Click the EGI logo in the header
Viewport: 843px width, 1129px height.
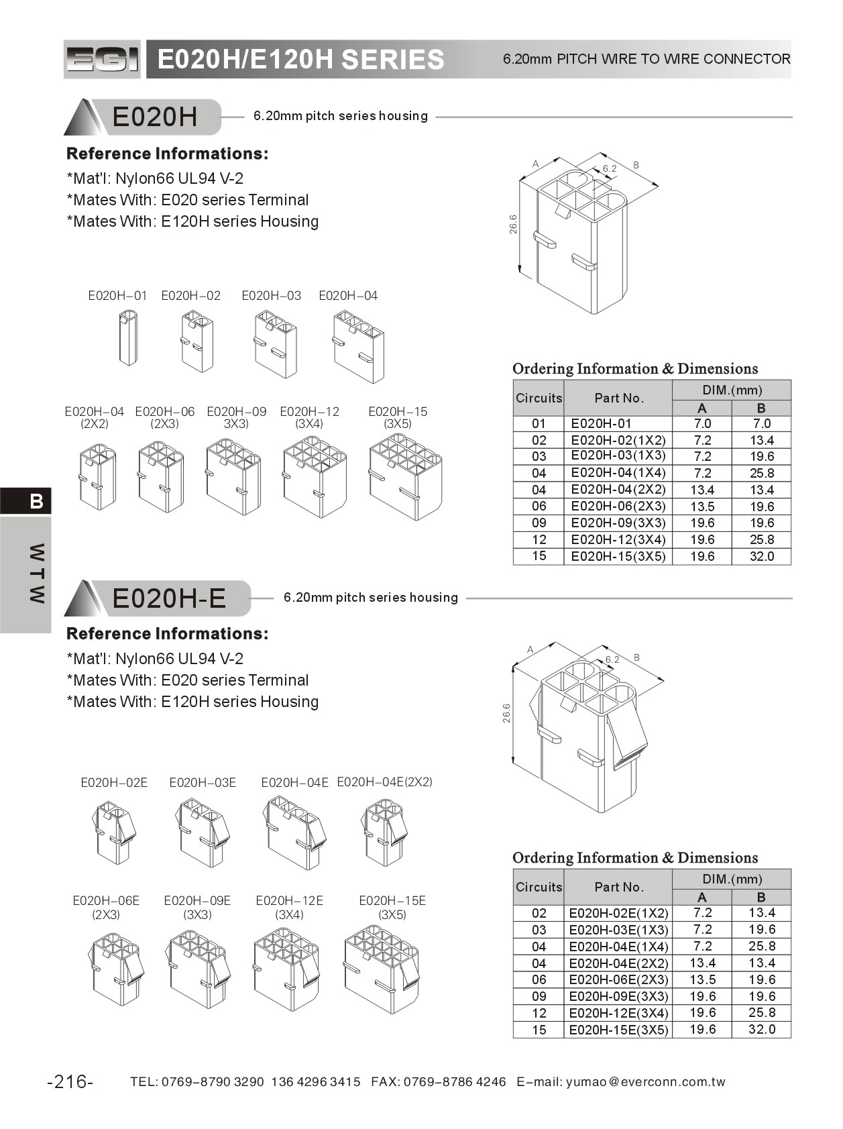(102, 59)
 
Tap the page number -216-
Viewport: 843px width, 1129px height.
(70, 1081)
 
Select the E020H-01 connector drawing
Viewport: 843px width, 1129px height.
(128, 337)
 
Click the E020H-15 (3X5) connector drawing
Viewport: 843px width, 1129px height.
(405, 476)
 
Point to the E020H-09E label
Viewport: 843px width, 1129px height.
(197, 900)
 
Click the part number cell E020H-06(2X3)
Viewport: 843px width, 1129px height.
(618, 506)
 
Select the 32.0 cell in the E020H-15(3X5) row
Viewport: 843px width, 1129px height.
(761, 556)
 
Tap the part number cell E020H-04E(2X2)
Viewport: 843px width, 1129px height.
(618, 963)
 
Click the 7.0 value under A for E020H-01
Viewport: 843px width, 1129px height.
(702, 424)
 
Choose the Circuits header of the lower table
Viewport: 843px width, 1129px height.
(539, 887)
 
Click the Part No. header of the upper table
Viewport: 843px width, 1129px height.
(618, 398)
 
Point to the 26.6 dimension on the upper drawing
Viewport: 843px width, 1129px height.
(514, 224)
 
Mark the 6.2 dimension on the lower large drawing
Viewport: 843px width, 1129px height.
(612, 659)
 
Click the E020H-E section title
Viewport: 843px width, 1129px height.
(169, 598)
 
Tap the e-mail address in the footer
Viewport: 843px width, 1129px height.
(645, 1081)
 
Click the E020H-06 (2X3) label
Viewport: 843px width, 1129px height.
(164, 417)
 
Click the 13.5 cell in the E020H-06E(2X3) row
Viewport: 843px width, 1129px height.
(702, 979)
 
